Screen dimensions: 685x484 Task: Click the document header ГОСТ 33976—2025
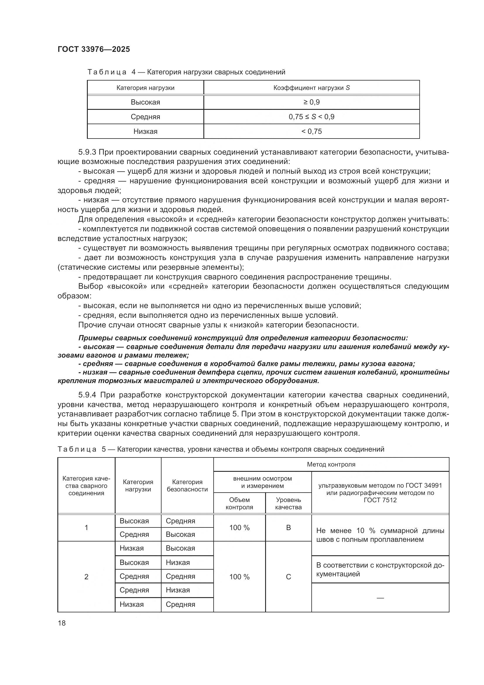pos(94,49)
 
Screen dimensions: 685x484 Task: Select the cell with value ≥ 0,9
pos(311,102)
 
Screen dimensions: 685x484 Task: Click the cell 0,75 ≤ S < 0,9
pos(311,117)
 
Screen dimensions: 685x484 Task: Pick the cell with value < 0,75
pos(311,131)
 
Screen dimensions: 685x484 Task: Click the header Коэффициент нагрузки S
pos(311,88)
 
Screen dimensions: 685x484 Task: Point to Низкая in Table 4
pos(145,131)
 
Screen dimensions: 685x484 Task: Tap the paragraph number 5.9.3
pos(87,152)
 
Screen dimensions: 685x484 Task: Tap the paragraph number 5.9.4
pos(87,395)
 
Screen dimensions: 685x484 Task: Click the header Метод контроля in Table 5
pos(331,464)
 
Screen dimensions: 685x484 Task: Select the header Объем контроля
pos(239,503)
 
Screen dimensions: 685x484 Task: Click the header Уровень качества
pos(288,503)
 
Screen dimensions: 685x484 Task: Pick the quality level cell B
pos(288,527)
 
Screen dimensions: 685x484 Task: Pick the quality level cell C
pos(288,577)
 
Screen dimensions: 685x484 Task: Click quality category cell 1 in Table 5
pos(86,527)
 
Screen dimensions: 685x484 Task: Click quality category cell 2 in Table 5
pos(86,577)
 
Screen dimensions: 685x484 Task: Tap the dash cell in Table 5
pos(380,598)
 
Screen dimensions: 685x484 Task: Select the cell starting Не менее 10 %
pos(380,535)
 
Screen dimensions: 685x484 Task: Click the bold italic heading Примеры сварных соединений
pos(243,338)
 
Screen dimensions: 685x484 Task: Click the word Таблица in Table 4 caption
pos(107,72)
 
